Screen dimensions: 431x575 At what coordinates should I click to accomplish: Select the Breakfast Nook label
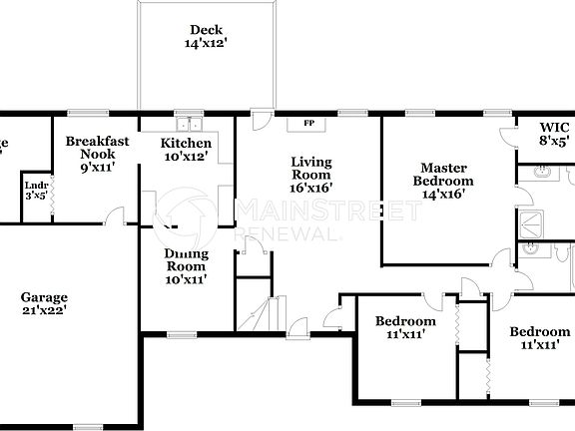97,149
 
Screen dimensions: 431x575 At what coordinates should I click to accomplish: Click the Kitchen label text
186,144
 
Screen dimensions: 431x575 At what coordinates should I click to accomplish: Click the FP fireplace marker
308,124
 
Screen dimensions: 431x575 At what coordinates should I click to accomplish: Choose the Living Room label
310,168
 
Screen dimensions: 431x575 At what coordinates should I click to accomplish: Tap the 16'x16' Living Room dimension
310,187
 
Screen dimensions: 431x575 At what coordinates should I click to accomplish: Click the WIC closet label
554,128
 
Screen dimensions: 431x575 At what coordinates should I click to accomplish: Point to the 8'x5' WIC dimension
554,142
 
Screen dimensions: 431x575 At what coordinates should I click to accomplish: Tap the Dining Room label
186,259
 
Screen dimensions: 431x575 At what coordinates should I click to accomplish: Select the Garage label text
44,297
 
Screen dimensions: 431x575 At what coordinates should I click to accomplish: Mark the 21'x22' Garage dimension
44,311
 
